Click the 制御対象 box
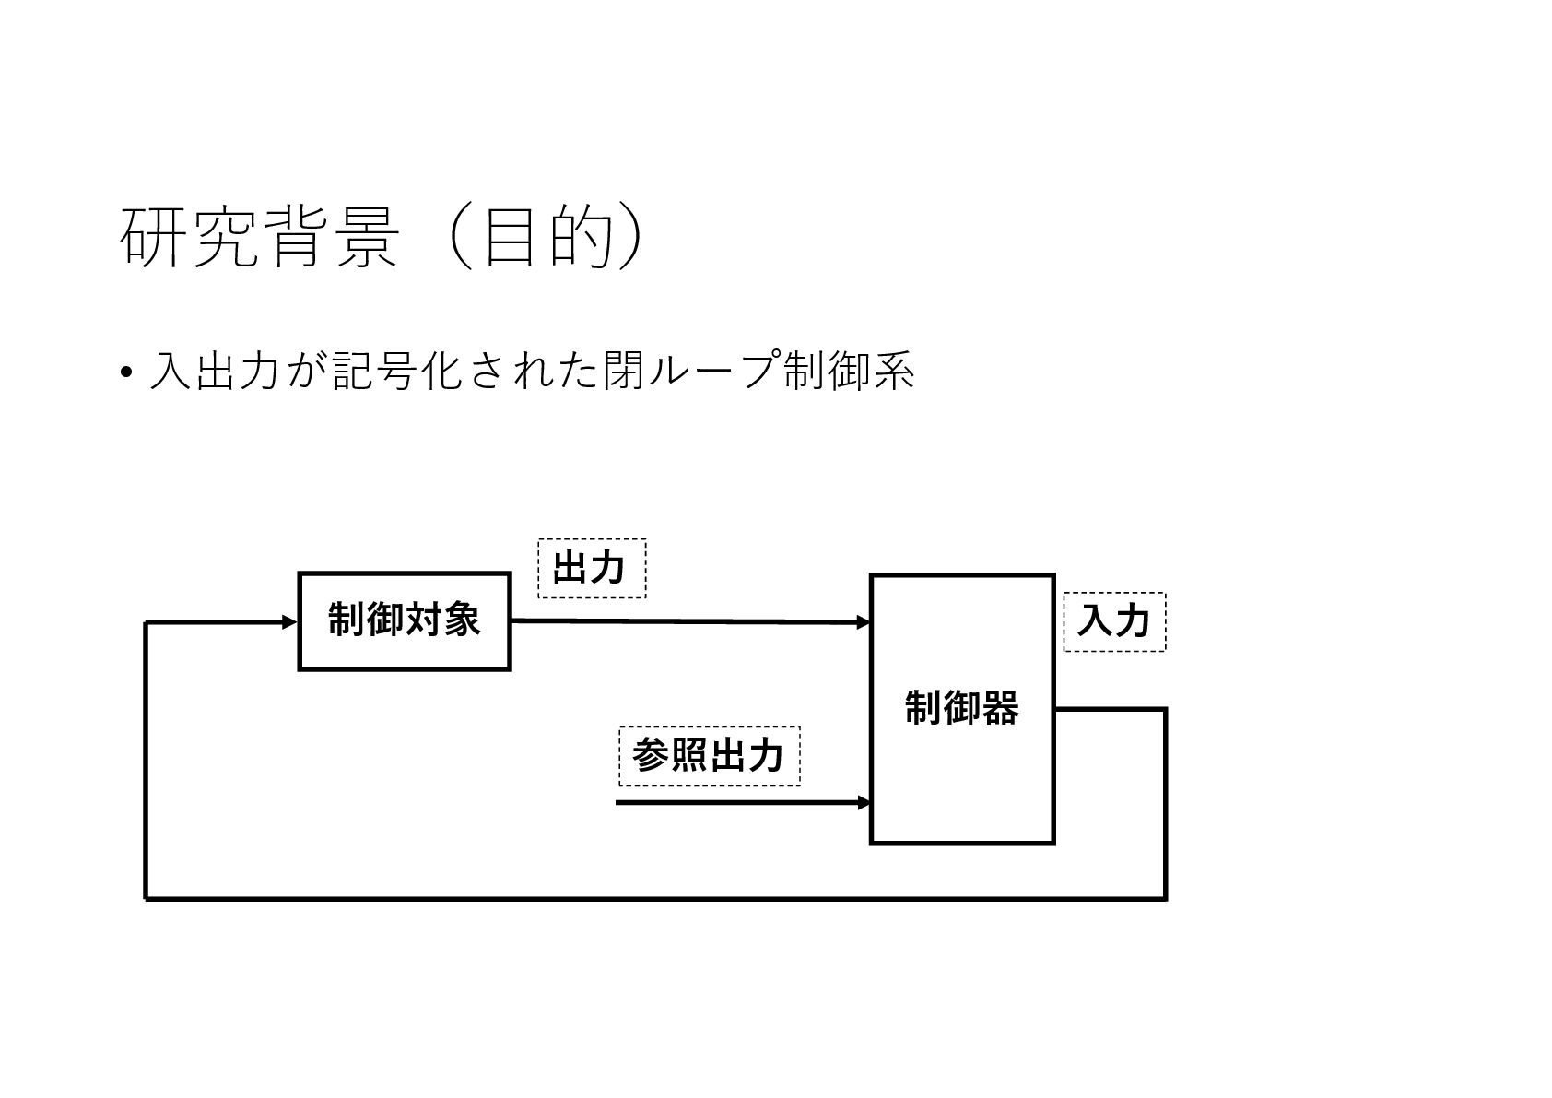[x=404, y=620]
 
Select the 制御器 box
[x=961, y=708]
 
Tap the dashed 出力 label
[x=591, y=568]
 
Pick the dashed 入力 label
[x=1113, y=621]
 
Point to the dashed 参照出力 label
[x=708, y=756]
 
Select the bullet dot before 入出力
[x=125, y=373]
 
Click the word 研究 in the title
[x=188, y=238]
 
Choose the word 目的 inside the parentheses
[x=547, y=238]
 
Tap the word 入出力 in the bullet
[x=213, y=372]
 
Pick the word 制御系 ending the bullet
[x=847, y=372]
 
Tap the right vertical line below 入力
[x=1166, y=802]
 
